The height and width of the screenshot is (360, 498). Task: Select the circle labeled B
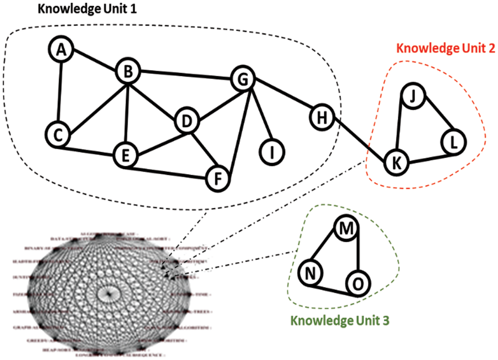point(128,71)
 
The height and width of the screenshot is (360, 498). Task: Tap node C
point(57,134)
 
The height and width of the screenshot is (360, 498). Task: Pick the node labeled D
point(186,121)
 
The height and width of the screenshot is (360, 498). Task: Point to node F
point(217,178)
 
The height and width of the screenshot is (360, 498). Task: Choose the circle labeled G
point(242,79)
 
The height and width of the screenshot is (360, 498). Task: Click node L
point(453,142)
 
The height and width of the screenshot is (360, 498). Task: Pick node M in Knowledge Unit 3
point(346,228)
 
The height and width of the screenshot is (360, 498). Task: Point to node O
point(357,284)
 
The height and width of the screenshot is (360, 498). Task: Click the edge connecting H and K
point(359,139)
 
